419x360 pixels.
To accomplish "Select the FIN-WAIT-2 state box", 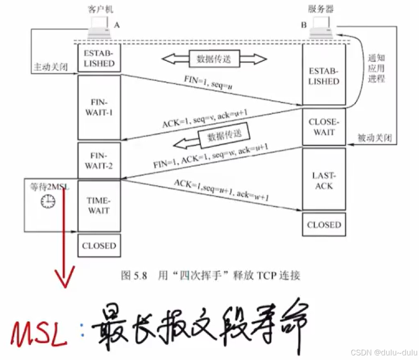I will click(x=99, y=161).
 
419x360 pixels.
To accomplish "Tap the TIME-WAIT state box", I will click(x=99, y=206).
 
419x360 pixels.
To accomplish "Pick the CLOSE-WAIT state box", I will click(x=324, y=127).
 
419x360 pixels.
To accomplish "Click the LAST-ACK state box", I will click(x=324, y=180).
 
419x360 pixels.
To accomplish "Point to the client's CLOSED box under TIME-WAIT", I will click(x=99, y=246).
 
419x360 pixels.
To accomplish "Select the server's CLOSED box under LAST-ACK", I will click(x=324, y=225).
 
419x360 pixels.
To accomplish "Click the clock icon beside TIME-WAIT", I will click(x=48, y=202).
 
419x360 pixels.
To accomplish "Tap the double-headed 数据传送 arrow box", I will click(x=214, y=59).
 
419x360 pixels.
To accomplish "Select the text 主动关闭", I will click(x=50, y=67).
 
